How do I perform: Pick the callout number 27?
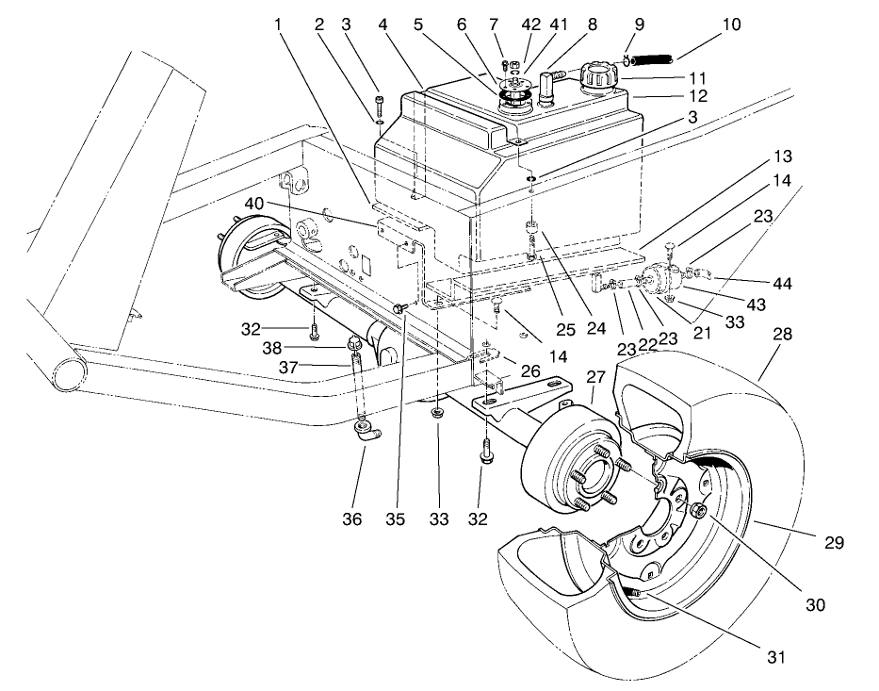595,377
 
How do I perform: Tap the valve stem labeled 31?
633,593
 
